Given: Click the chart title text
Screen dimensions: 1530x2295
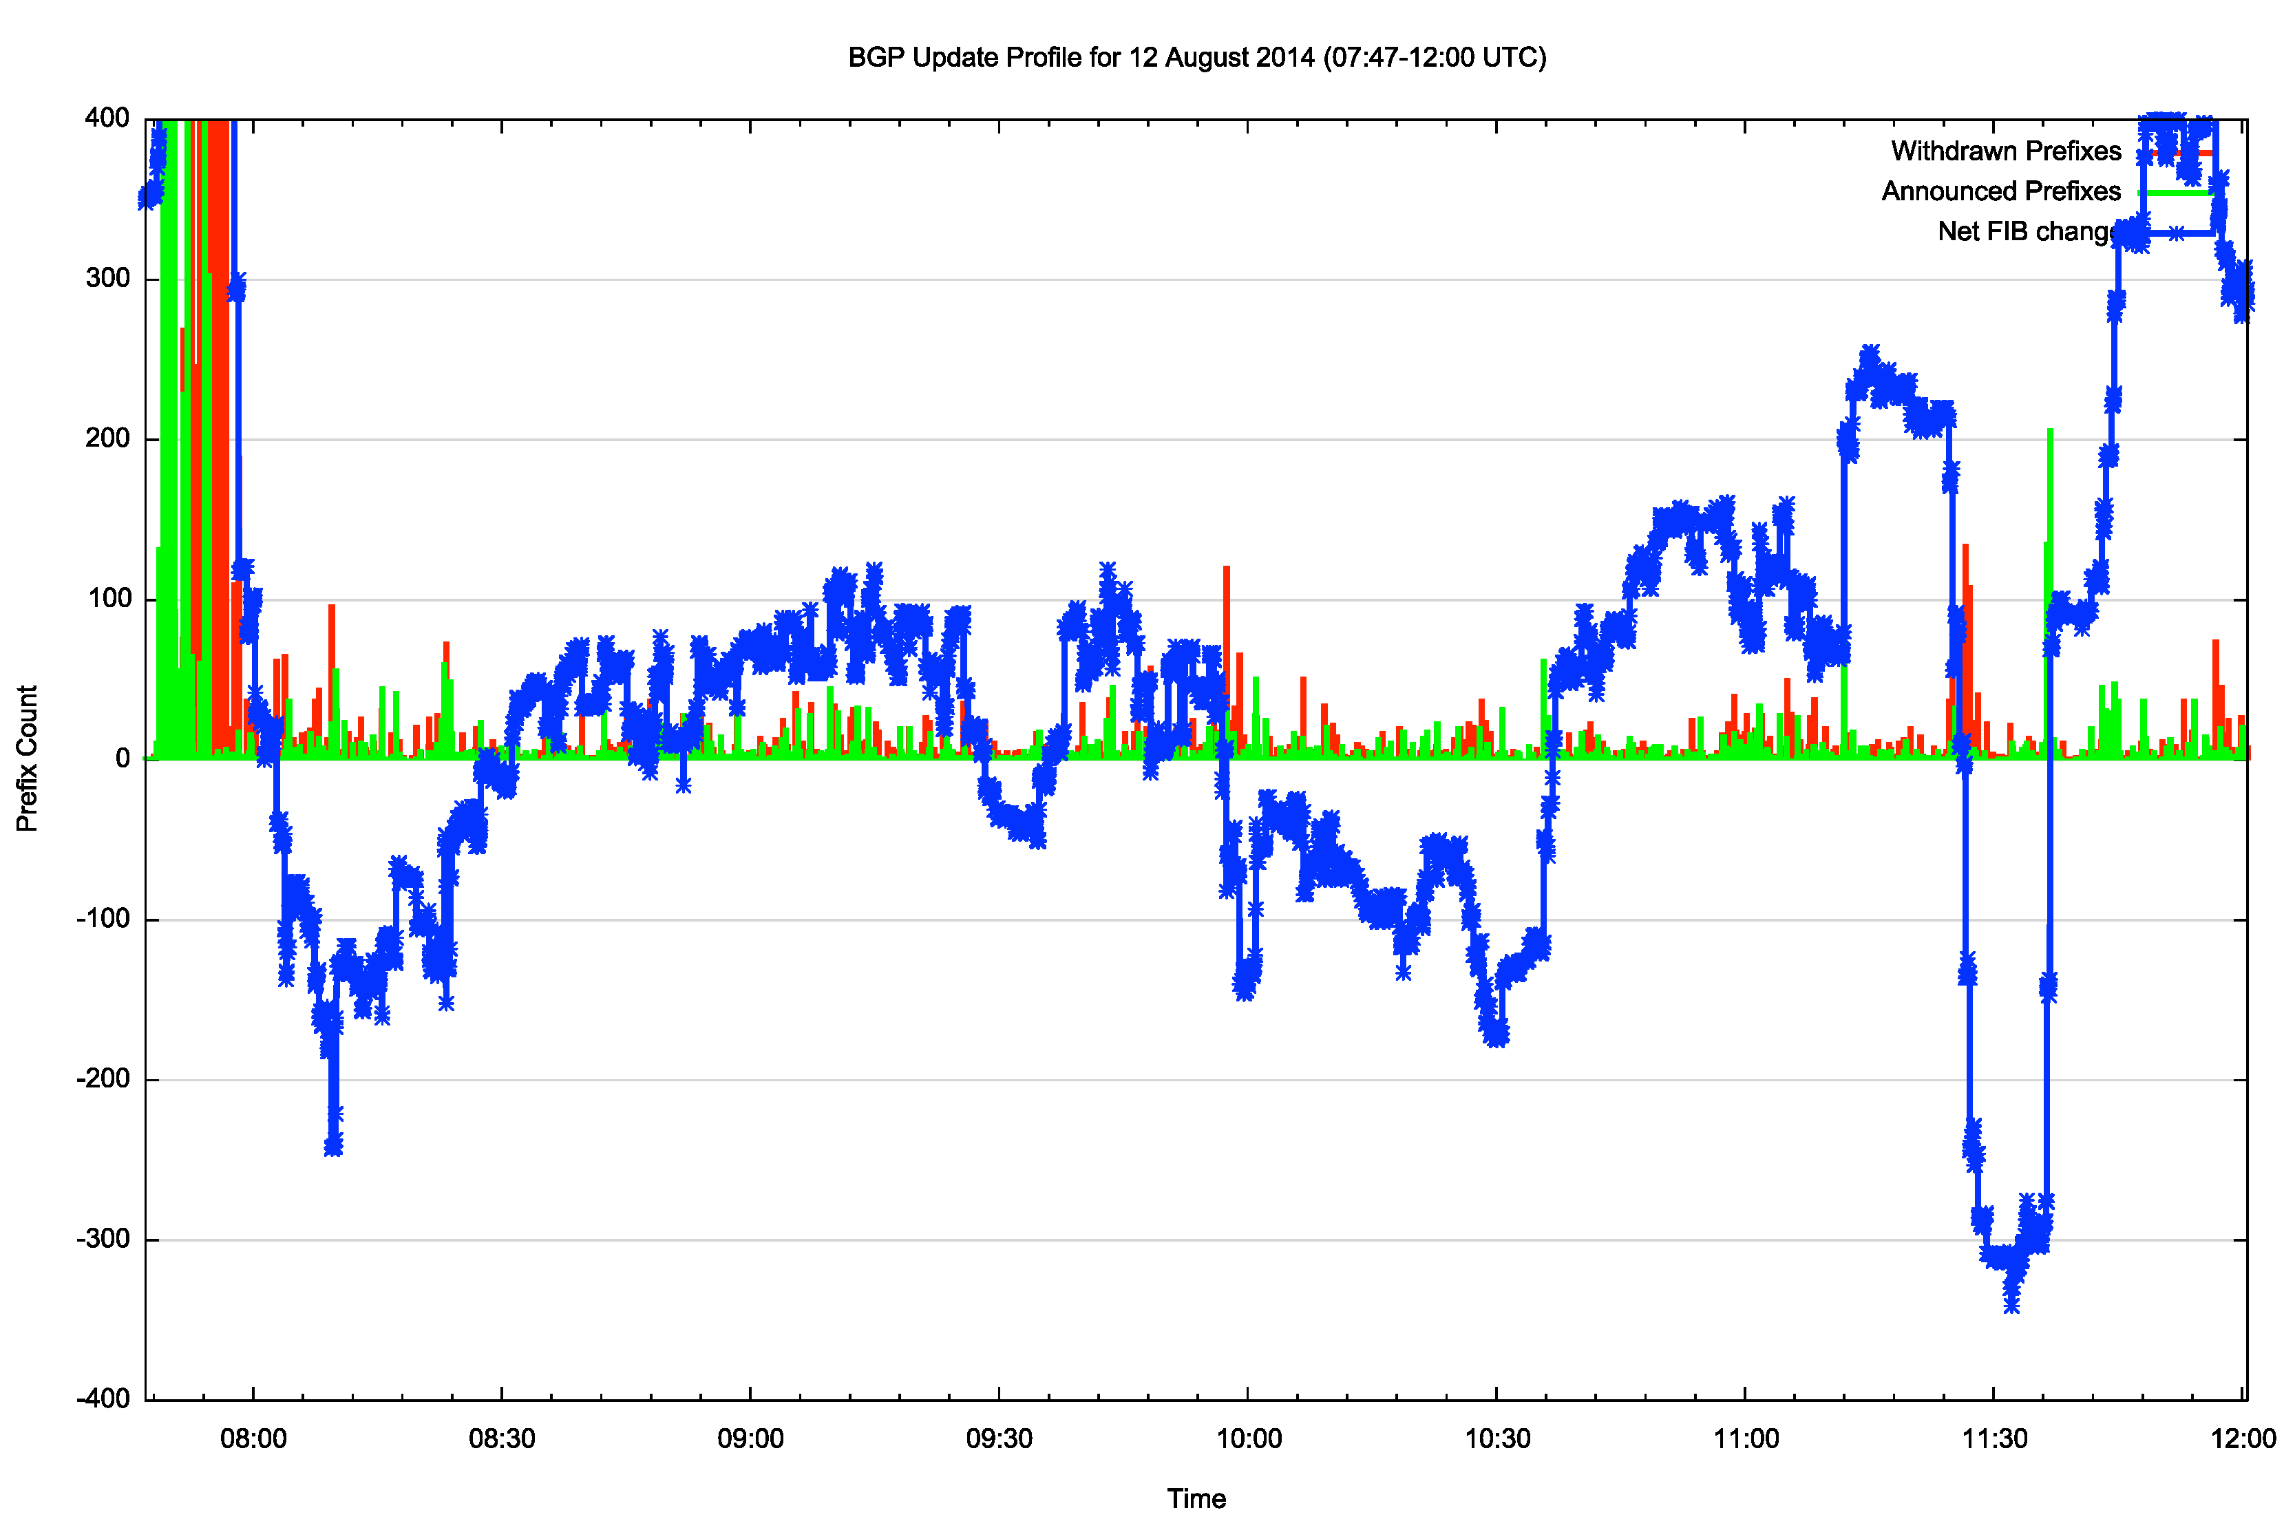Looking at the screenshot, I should coord(1196,58).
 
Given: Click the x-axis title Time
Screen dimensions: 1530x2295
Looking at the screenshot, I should coord(1196,1498).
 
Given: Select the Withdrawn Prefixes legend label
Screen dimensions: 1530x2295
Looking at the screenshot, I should coord(2005,151).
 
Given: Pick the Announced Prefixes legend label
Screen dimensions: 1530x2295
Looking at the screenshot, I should coord(2000,191).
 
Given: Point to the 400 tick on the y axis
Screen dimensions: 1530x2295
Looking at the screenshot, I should coord(107,118).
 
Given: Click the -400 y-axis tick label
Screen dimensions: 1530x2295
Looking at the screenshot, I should coord(103,1399).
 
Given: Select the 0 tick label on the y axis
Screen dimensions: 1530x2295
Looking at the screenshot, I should coord(122,758).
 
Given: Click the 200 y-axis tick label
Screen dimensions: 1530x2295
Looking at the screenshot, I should coord(107,438).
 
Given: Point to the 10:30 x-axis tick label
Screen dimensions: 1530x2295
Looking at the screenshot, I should coord(1496,1438).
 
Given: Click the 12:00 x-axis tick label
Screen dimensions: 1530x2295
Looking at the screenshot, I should coord(2242,1438).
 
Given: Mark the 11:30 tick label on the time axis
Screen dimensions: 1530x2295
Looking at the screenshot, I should coord(1993,1438).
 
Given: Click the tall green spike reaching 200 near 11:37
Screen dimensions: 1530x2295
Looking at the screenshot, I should coord(2050,434).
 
